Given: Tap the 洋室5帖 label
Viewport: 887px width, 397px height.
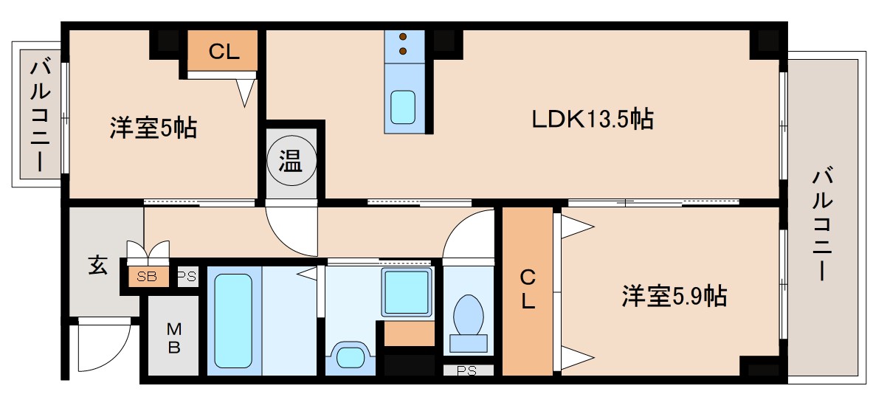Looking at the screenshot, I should (x=153, y=128).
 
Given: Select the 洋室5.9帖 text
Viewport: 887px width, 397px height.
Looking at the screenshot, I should (x=673, y=297).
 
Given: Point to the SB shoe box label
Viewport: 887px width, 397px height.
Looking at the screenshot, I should (x=147, y=277).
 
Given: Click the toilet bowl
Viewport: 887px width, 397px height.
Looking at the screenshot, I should (x=468, y=316).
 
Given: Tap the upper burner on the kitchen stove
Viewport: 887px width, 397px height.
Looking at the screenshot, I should (x=404, y=37).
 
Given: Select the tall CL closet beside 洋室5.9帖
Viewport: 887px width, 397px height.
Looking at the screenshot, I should (x=528, y=290).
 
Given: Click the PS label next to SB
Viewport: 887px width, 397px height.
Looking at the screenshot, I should (x=187, y=277).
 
